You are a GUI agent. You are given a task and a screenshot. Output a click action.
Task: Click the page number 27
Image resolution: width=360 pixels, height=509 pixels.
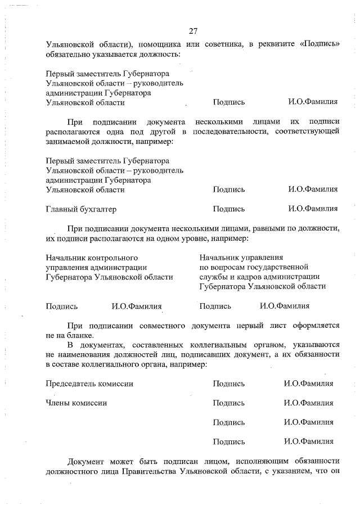(x=193, y=30)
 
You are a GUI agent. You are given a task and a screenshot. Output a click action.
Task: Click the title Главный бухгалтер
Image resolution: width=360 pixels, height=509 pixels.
(x=81, y=209)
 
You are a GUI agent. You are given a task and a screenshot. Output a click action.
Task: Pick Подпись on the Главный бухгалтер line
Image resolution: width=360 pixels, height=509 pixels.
(x=229, y=209)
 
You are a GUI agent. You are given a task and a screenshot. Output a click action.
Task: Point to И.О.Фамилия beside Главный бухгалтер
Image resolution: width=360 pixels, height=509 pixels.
(x=313, y=209)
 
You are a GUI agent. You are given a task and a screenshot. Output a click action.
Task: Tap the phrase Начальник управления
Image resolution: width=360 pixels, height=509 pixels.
(x=241, y=257)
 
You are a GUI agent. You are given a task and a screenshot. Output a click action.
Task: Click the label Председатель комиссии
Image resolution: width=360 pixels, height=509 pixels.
(x=89, y=384)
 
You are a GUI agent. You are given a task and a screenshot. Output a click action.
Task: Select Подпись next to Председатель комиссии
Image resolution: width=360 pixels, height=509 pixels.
(x=229, y=384)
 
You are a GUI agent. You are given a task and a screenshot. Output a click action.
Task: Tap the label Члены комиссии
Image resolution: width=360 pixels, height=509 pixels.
(x=76, y=403)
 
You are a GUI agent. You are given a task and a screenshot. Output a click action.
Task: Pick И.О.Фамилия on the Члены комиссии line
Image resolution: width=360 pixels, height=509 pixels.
(x=309, y=403)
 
